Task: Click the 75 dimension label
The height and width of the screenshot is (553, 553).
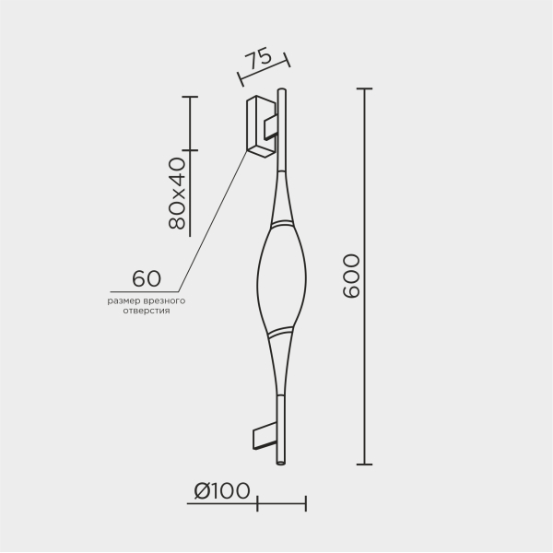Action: click(259, 61)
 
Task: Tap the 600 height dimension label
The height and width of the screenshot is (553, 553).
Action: click(351, 276)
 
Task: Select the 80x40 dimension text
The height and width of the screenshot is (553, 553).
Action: click(177, 194)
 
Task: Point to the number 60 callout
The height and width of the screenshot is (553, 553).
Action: click(147, 278)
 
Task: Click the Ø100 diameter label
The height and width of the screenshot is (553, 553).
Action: click(222, 490)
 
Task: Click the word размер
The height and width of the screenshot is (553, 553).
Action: click(124, 301)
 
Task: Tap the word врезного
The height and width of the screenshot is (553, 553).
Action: click(165, 301)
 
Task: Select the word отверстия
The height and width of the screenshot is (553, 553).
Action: click(147, 312)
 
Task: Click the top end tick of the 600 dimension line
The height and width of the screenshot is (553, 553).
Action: click(364, 88)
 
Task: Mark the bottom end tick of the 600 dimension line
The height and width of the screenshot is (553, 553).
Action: click(364, 465)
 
